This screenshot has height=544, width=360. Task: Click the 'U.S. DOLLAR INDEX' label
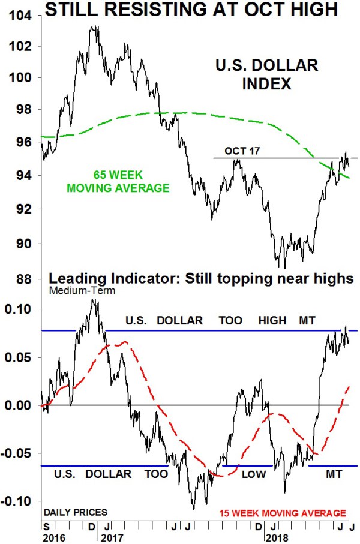coord(266,74)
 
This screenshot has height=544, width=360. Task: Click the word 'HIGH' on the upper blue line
coord(272,321)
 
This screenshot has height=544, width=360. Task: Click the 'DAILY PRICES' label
coord(75,513)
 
